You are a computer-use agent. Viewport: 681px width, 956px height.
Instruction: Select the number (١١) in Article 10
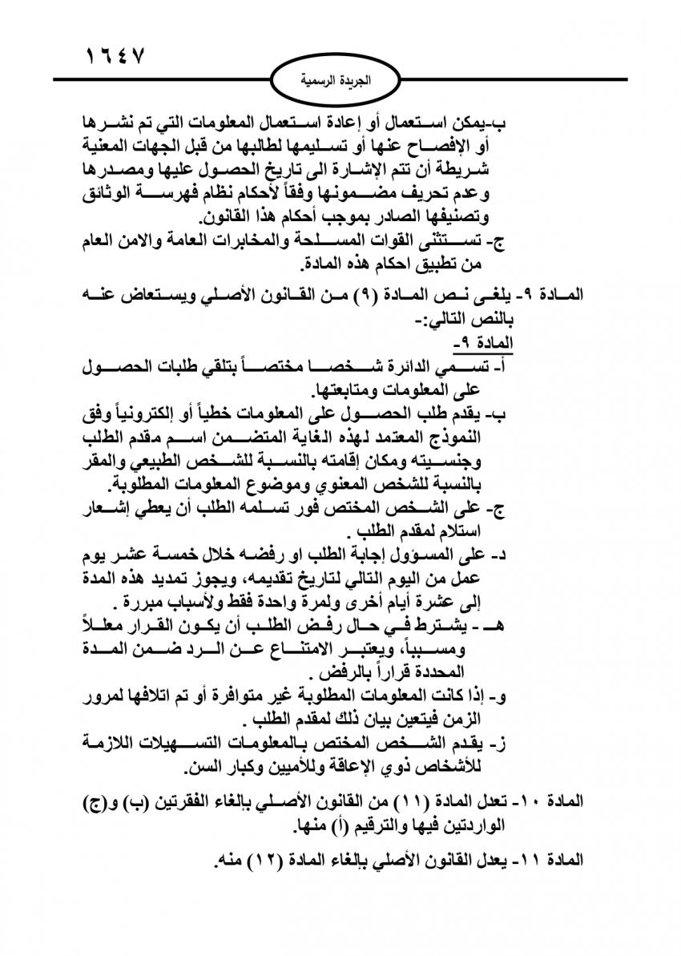441,801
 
